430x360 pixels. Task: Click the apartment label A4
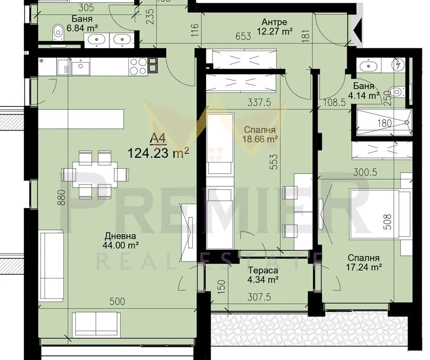click(x=158, y=139)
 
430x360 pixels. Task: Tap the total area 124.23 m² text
click(x=158, y=153)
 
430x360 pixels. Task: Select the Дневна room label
click(x=120, y=236)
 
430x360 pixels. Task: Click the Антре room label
click(x=274, y=22)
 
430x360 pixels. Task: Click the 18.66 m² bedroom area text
click(x=260, y=139)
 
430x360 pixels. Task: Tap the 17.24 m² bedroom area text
click(x=364, y=267)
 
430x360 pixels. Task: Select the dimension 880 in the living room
click(x=62, y=198)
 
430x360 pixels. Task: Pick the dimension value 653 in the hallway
click(x=243, y=36)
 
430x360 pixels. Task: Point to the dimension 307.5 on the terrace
click(x=259, y=297)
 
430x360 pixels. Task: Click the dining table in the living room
click(x=95, y=175)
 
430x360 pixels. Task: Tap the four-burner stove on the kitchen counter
click(x=138, y=66)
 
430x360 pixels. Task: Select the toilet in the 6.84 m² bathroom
click(x=58, y=33)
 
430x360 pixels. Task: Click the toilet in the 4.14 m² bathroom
click(x=398, y=91)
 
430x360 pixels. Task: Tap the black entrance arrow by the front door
click(x=357, y=30)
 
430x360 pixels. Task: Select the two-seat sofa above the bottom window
click(x=96, y=325)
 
